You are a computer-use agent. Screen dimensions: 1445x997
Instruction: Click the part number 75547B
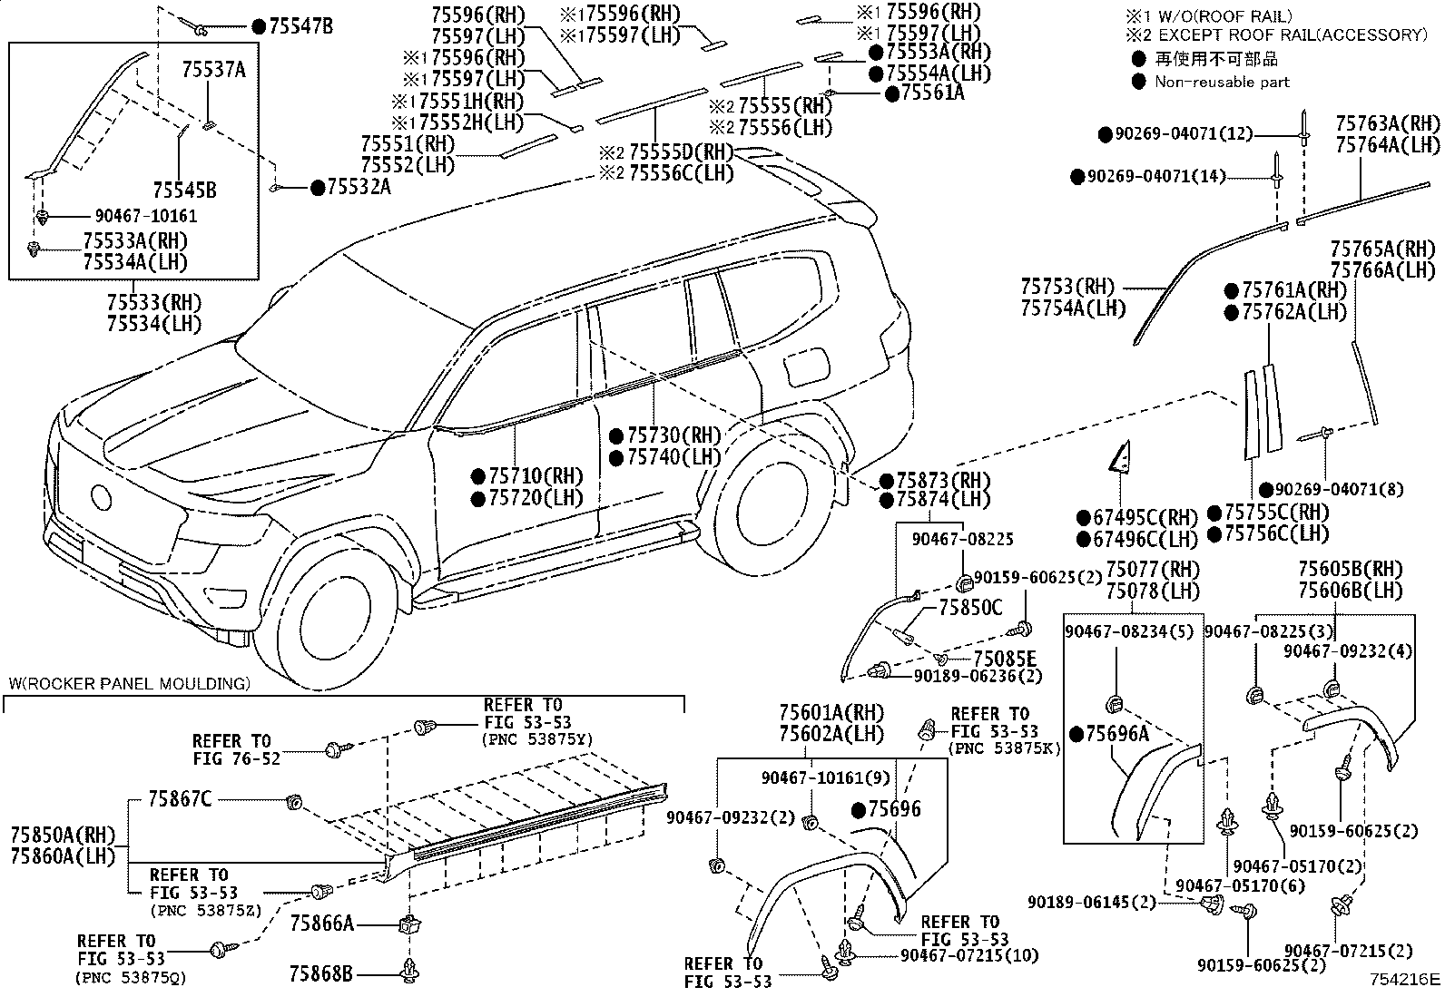(300, 26)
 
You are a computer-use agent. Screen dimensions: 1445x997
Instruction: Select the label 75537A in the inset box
(213, 69)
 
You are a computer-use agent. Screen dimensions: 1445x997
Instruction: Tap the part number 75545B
(184, 191)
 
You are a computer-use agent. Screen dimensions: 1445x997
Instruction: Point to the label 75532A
(359, 187)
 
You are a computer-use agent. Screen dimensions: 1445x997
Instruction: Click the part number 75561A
(932, 93)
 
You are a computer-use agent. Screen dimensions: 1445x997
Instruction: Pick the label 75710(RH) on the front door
(536, 476)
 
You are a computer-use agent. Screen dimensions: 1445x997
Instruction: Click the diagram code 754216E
(1405, 979)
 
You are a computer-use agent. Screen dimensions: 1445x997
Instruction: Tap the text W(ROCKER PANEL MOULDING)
(129, 684)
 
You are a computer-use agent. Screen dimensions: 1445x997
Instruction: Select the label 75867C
(180, 799)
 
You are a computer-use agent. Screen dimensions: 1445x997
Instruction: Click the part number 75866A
(321, 924)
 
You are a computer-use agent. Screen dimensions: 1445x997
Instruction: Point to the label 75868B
(320, 973)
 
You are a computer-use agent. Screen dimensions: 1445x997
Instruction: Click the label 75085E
(1005, 659)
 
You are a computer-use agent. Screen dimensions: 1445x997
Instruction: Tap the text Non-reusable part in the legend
(1222, 82)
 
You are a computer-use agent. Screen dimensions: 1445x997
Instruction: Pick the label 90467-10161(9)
(825, 777)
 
